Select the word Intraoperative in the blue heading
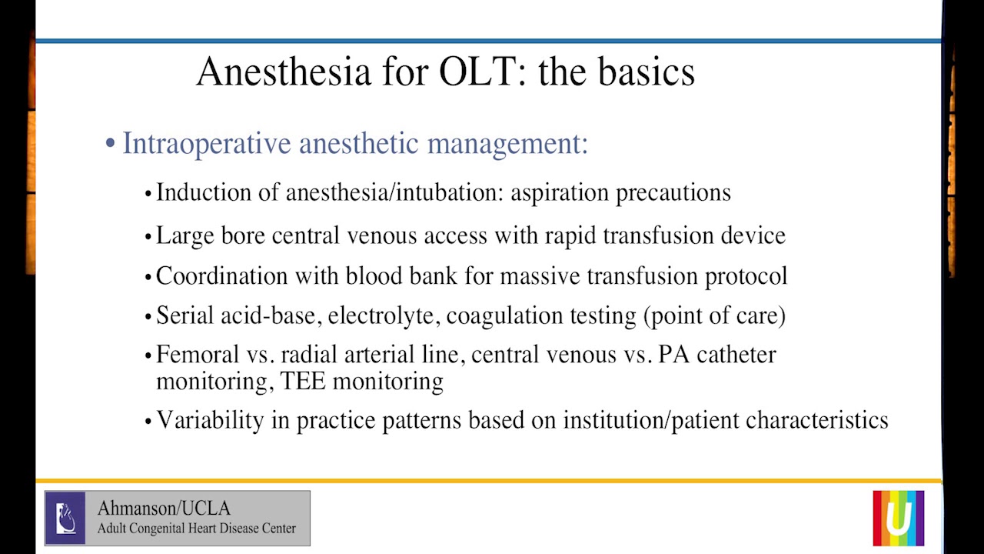coord(207,144)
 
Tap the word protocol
coord(746,275)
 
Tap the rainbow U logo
coord(898,518)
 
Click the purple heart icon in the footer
coord(65,518)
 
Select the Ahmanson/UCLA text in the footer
coord(164,509)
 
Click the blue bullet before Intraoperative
coord(111,145)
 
